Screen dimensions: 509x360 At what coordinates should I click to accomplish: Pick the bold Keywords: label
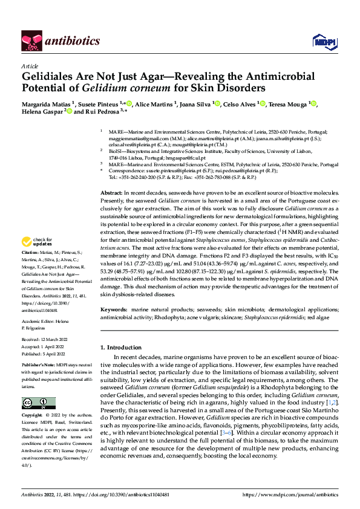point(114,309)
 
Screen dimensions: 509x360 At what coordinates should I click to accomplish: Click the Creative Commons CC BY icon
point(34,403)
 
